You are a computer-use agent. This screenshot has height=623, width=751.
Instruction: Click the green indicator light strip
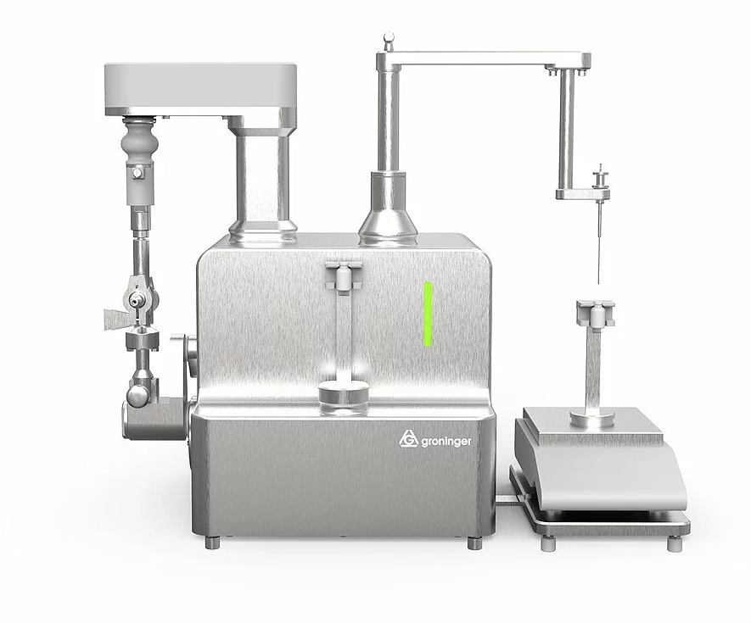(x=428, y=314)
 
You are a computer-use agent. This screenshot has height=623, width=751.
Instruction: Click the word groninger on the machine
(x=446, y=442)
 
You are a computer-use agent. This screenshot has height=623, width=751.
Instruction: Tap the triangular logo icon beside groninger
(x=407, y=440)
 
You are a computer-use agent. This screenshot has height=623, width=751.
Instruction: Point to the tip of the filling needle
(x=599, y=283)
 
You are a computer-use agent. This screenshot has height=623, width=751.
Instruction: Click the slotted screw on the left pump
(x=139, y=171)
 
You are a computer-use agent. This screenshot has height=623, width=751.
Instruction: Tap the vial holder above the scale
(x=596, y=313)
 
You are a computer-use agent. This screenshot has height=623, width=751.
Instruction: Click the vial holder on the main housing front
(x=343, y=275)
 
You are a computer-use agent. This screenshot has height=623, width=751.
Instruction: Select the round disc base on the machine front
(x=343, y=395)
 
